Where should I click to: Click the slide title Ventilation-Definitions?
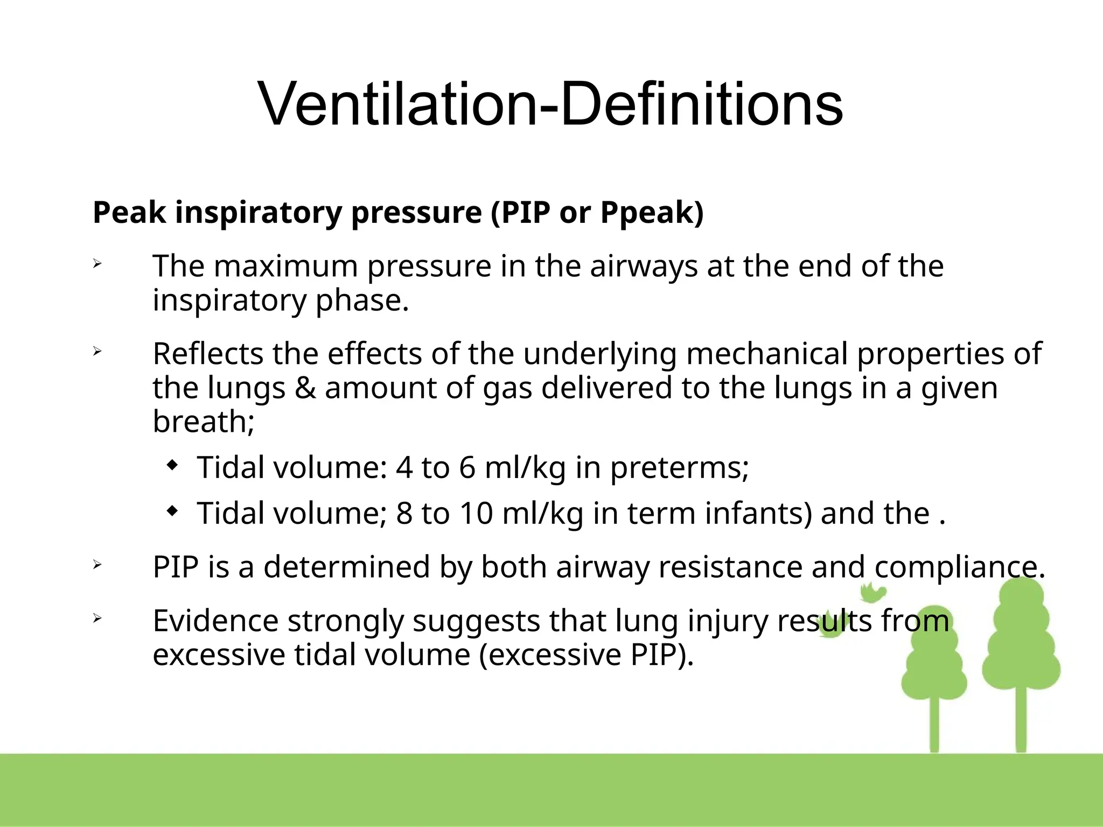[550, 103]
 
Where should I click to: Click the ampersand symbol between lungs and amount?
[305, 388]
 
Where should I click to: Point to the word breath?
[204, 422]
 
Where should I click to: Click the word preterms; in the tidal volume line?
[679, 467]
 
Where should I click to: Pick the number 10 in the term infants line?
[476, 513]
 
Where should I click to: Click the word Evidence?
[215, 621]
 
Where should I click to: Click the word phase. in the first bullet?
[362, 300]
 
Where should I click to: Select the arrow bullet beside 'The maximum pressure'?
[97, 264]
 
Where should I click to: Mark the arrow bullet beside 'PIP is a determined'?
[97, 565]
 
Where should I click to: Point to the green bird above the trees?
[872, 592]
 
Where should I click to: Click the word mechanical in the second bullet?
[766, 354]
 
